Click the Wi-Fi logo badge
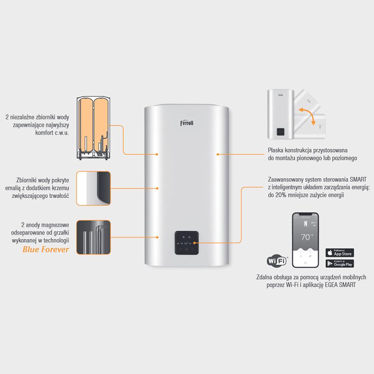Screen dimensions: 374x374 (x=276, y=261)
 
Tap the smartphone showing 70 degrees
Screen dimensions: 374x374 (x=305, y=239)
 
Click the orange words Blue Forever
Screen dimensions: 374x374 (x=46, y=249)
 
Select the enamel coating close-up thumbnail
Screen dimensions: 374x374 (x=93, y=188)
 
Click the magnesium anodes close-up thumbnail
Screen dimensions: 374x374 (x=93, y=237)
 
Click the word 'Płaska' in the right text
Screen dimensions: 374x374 (x=276, y=150)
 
